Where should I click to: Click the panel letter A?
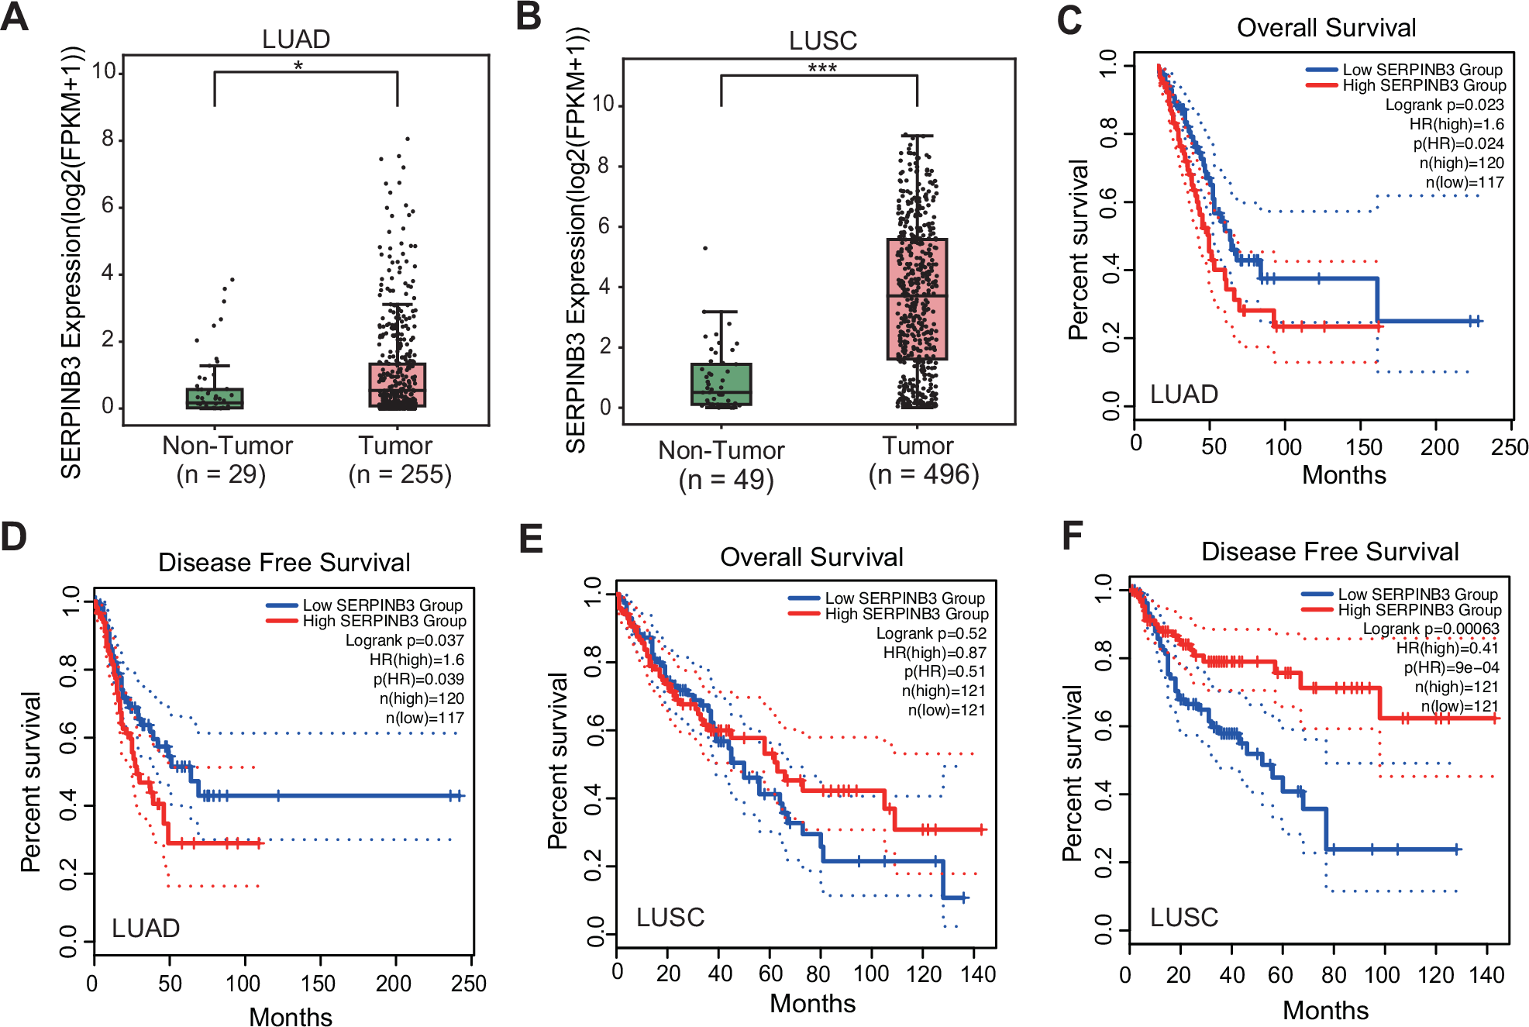pos(15,16)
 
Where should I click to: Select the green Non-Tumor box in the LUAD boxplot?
pos(215,398)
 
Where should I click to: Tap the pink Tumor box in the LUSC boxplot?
pos(917,299)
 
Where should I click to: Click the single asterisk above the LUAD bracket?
pos(298,66)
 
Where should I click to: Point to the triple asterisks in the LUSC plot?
pos(822,68)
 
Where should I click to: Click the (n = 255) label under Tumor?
pos(400,474)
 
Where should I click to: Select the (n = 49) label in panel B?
pos(726,480)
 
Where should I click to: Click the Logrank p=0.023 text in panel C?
pos(1444,105)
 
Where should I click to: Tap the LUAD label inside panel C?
pos(1183,395)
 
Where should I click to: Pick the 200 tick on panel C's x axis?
pos(1439,447)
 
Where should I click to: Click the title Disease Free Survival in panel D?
pos(284,562)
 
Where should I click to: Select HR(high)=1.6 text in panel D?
pos(416,660)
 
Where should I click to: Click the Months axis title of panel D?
pos(291,1016)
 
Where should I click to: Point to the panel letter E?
pos(531,538)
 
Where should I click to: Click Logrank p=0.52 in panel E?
pos(931,633)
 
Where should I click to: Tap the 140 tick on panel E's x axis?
pos(978,974)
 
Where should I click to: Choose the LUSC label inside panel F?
pos(1183,918)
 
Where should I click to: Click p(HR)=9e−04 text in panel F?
pos(1451,667)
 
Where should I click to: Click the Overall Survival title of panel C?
pos(1326,28)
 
